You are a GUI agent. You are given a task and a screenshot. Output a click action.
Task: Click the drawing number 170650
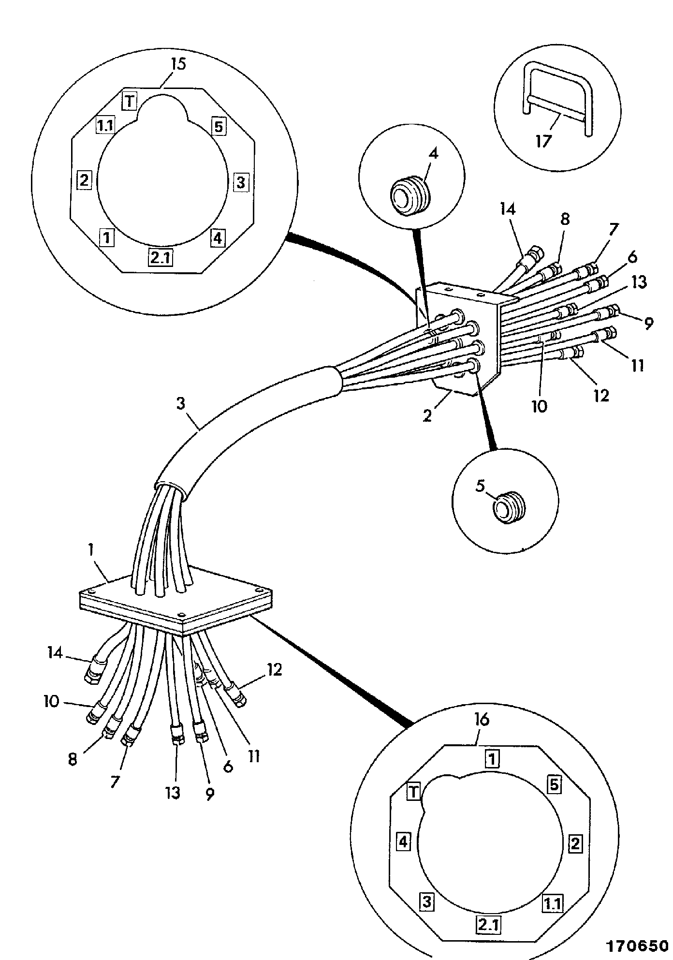tap(638, 945)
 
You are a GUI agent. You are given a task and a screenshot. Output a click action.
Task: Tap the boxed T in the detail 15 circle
tap(129, 101)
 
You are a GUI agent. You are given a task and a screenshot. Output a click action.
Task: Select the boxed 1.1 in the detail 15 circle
tap(104, 126)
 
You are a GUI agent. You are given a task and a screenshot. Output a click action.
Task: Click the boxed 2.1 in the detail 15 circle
tap(160, 258)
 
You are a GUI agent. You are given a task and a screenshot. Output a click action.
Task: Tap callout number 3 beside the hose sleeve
tap(180, 403)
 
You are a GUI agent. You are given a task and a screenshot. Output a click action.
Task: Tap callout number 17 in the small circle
tap(542, 141)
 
